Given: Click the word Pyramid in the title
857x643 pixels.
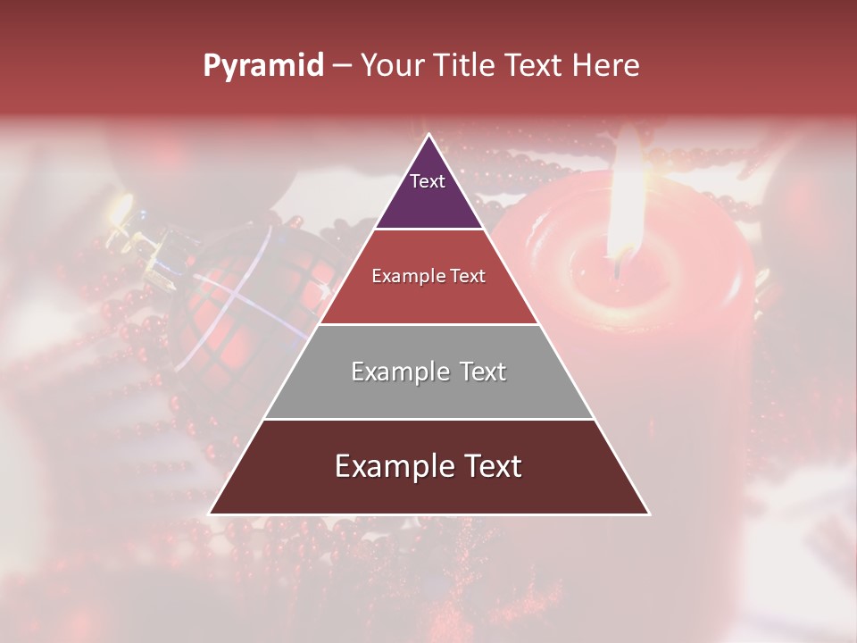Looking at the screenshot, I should pyautogui.click(x=262, y=66).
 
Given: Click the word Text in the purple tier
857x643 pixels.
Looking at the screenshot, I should pyautogui.click(x=428, y=181).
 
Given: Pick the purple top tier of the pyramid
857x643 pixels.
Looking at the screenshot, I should pyautogui.click(x=428, y=201).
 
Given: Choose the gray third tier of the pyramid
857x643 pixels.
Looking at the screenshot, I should pyautogui.click(x=428, y=393).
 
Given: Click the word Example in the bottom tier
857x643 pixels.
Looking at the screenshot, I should pyautogui.click(x=392, y=466).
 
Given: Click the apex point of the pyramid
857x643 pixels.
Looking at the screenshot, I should pyautogui.click(x=428, y=135).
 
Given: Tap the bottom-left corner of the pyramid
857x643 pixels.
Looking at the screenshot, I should pyautogui.click(x=210, y=514).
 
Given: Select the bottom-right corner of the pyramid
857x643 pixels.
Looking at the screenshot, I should pyautogui.click(x=649, y=514).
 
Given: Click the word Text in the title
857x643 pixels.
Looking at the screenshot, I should pyautogui.click(x=534, y=66).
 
